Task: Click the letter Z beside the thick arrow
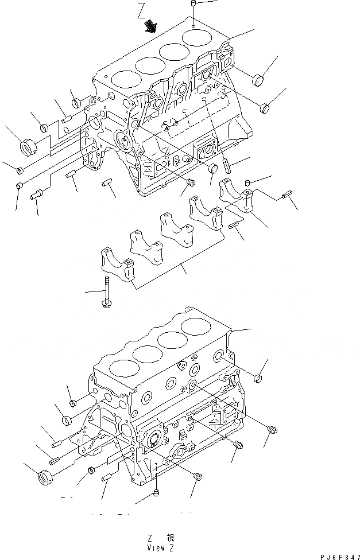(x=141, y=11)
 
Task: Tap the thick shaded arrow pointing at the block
(x=152, y=25)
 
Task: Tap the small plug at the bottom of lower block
(x=157, y=494)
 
